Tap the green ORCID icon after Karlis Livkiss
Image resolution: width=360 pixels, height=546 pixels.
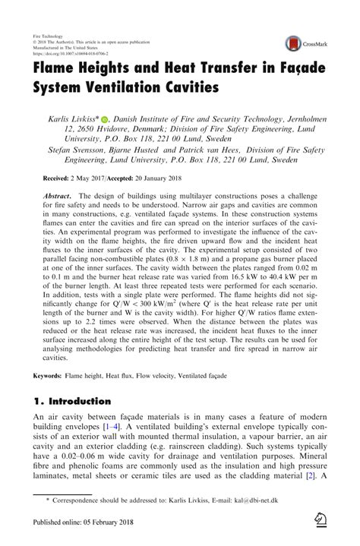(105, 120)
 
